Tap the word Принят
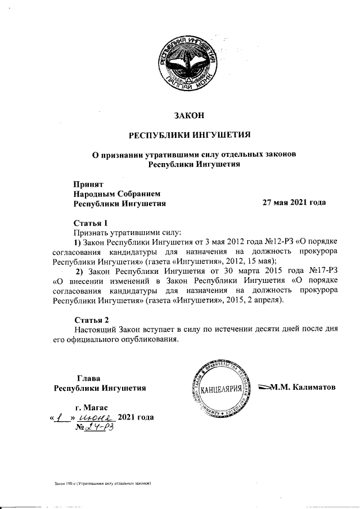tap(89, 183)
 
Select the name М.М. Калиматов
tap(303, 387)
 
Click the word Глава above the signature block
tap(89, 378)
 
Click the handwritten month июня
tap(97, 418)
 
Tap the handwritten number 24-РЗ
tap(99, 429)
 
